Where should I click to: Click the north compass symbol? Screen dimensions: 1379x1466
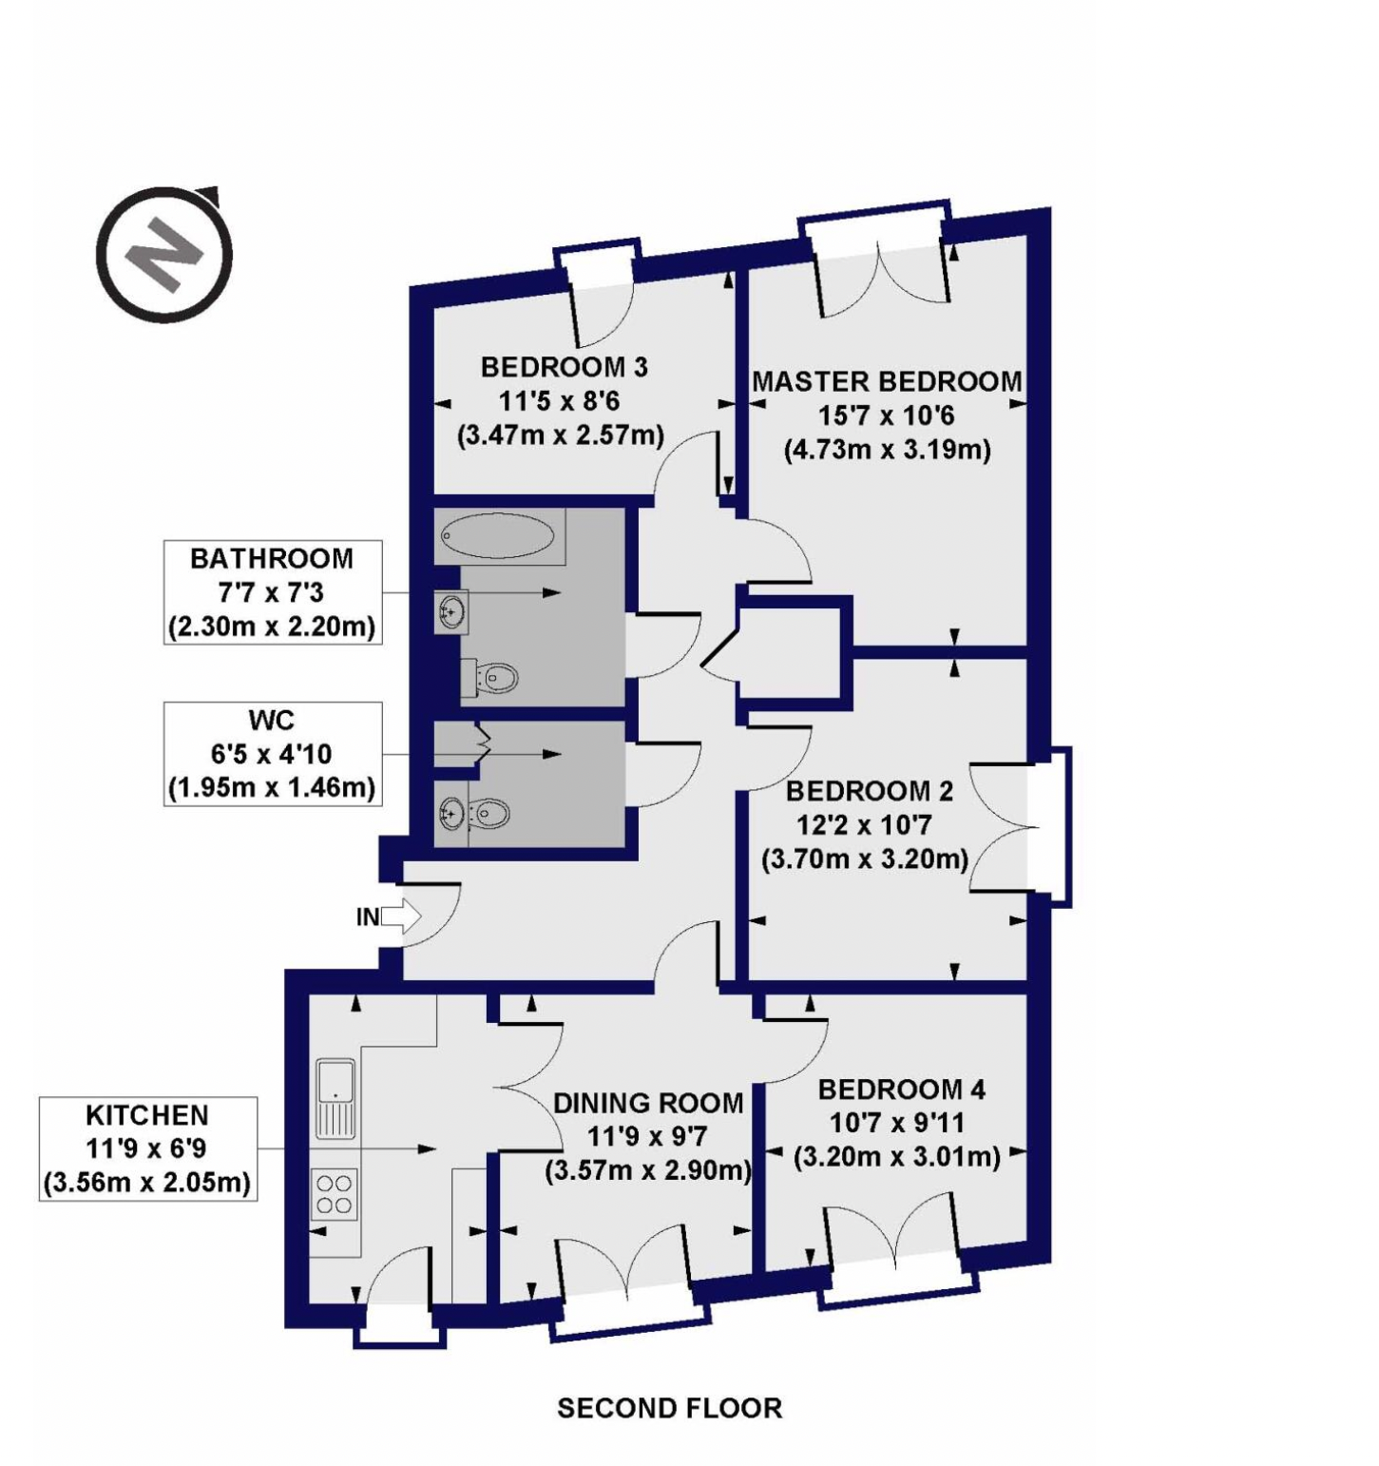164,254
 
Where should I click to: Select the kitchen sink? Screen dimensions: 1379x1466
335,1099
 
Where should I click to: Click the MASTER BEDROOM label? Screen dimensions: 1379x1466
887,382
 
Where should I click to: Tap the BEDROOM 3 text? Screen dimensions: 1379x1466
564,367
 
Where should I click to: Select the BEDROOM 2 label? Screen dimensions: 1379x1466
870,791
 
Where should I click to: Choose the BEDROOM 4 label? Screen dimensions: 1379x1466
901,1090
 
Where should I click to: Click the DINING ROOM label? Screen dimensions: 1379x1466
648,1103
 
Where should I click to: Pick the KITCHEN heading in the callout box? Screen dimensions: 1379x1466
147,1115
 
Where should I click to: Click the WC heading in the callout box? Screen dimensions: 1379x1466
272,720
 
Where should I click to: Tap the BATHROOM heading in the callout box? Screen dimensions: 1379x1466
272,558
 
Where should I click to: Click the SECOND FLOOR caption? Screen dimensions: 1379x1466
670,1408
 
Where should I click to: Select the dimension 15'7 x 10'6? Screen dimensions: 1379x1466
887,415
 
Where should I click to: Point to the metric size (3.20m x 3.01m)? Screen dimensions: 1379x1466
896,1157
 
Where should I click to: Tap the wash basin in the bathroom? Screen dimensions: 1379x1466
452,611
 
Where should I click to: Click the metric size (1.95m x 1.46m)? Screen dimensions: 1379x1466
272,788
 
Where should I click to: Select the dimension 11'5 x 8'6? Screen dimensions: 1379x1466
560,401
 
